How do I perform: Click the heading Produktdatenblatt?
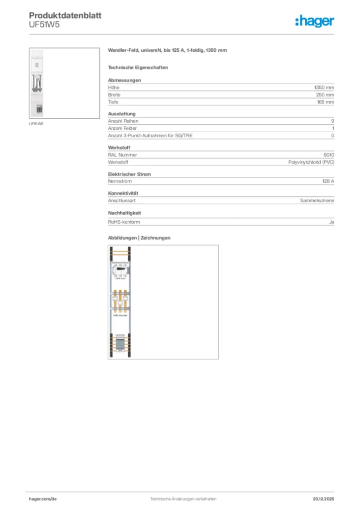pos(65,15)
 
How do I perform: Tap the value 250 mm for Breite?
pos(325,94)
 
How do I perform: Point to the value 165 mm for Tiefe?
pos(325,102)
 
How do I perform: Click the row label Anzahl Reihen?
pos(123,121)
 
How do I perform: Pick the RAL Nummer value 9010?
pos(329,155)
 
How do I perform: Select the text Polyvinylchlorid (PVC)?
pos(311,162)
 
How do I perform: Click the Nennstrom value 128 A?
pos(328,181)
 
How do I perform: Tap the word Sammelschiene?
pos(317,200)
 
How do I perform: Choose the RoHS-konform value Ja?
pos(331,222)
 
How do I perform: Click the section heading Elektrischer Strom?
pos(129,174)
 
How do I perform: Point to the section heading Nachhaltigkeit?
pos(125,213)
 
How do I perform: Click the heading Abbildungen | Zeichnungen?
pos(139,238)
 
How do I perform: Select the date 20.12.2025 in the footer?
pos(323,499)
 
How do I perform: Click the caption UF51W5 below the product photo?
pos(36,123)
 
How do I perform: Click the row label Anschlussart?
pos(122,200)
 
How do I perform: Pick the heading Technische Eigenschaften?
pos(138,67)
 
